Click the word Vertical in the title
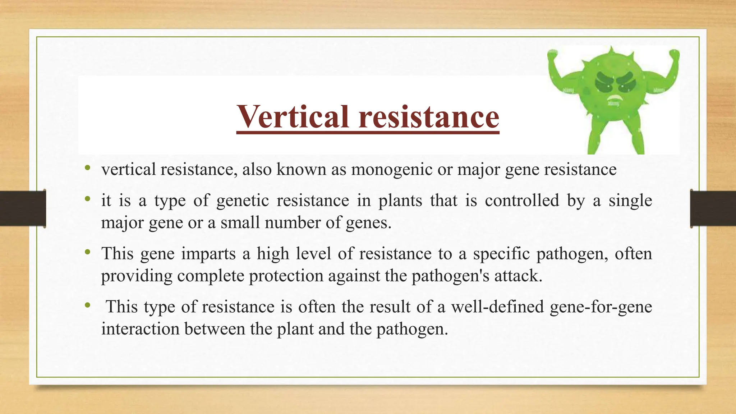pyautogui.click(x=293, y=117)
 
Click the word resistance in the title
pyautogui.click(x=429, y=117)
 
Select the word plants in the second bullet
pyautogui.click(x=400, y=201)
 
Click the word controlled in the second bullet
pyautogui.click(x=522, y=201)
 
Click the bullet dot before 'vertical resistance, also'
pyautogui.click(x=87, y=168)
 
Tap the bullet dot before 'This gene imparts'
pyautogui.click(x=87, y=252)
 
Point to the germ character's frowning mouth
pyautogui.click(x=613, y=98)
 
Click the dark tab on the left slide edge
pyautogui.click(x=23, y=208)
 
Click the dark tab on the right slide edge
pyautogui.click(x=713, y=208)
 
